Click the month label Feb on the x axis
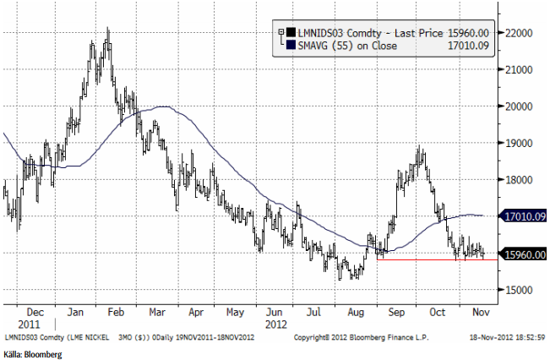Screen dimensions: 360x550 click(117, 311)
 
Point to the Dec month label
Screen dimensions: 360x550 click(35, 311)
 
